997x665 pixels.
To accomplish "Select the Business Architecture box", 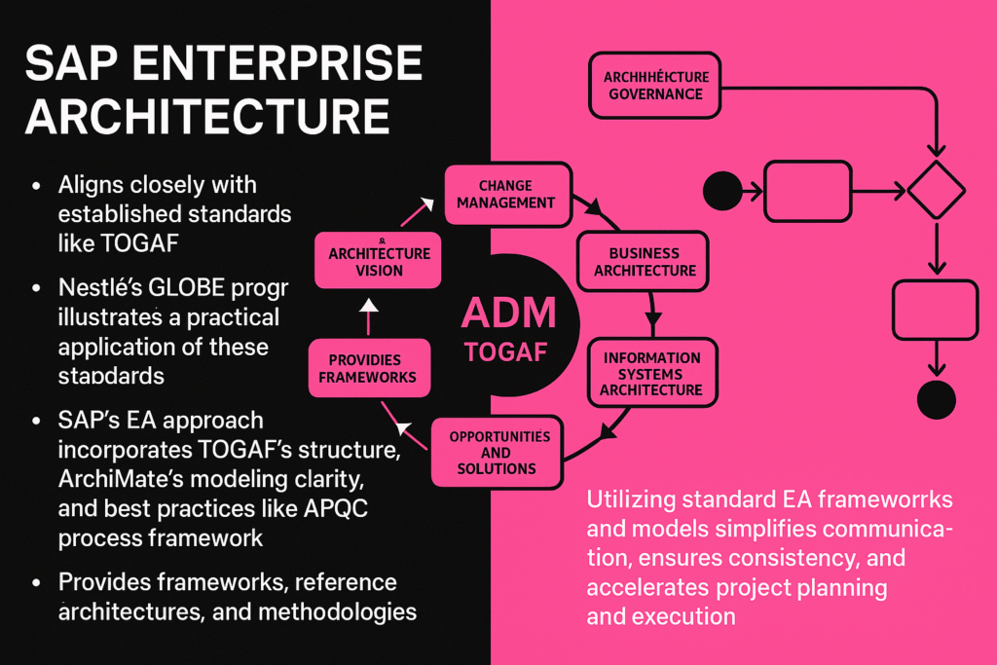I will tap(638, 262).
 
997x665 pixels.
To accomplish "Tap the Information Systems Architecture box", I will tap(650, 373).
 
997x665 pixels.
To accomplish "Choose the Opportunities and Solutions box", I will tap(499, 453).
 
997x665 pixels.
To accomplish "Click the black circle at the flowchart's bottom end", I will tap(937, 399).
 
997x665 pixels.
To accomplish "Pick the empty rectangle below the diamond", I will tap(935, 311).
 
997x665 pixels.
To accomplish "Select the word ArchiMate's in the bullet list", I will tap(125, 481).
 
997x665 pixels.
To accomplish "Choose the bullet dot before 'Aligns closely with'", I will tap(37, 186).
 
